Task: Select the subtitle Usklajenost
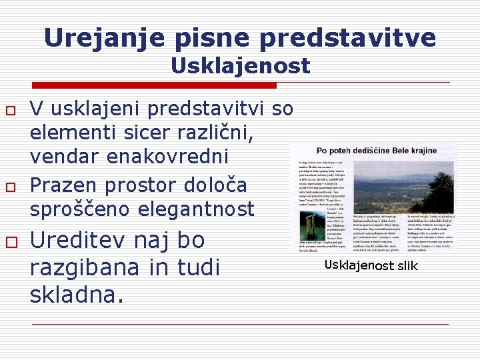[x=240, y=66]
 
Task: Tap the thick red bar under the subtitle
[x=155, y=85]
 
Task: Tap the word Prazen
[x=67, y=184]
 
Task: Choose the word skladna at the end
[x=76, y=293]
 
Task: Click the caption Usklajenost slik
[x=371, y=266]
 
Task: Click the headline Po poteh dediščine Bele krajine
[x=377, y=151]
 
